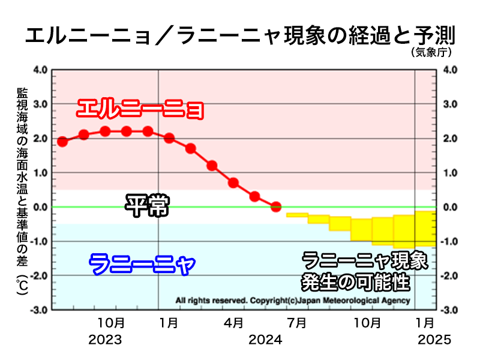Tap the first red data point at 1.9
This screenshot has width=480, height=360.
click(x=62, y=142)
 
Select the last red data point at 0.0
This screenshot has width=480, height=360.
click(x=276, y=207)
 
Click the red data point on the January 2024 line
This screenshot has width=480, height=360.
click(x=169, y=138)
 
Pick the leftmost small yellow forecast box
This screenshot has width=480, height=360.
click(x=297, y=215)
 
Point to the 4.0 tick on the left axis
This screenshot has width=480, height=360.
click(x=39, y=70)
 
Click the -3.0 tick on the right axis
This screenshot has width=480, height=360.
click(x=450, y=310)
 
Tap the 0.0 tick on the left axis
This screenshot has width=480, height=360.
click(x=39, y=208)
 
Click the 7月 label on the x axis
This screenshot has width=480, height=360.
click(x=297, y=323)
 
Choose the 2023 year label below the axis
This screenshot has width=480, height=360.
click(x=105, y=340)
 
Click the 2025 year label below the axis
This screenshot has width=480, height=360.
click(x=434, y=340)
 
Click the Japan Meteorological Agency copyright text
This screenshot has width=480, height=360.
click(x=293, y=300)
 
